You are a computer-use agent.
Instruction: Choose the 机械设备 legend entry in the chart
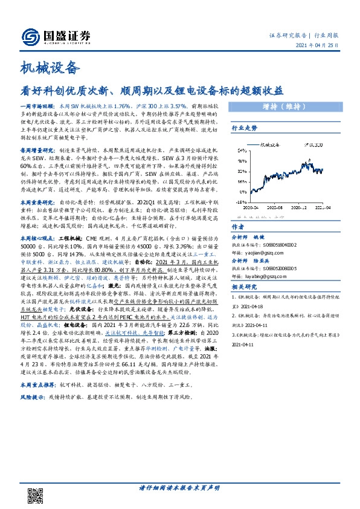[x=272, y=146]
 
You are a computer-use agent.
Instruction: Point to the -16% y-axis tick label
[x=240, y=202]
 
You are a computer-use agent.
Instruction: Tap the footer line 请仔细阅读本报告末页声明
[x=179, y=488]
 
